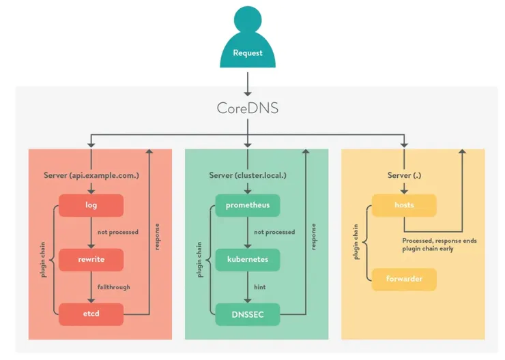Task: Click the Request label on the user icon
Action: [x=247, y=53]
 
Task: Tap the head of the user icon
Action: [x=247, y=20]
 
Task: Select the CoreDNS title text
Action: [x=247, y=108]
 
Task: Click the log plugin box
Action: [x=91, y=205]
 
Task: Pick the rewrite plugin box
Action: [x=91, y=260]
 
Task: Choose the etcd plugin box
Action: [x=91, y=314]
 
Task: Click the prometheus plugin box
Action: [x=248, y=205]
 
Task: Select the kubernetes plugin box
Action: [x=248, y=260]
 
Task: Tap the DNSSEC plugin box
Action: [x=248, y=314]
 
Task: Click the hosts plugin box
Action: [x=404, y=205]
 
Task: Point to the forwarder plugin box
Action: [x=404, y=279]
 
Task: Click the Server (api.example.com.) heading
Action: [x=91, y=175]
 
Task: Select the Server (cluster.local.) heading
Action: [x=248, y=175]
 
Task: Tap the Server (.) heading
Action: [x=404, y=175]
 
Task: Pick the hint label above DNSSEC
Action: [x=260, y=287]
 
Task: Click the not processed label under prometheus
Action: [x=274, y=232]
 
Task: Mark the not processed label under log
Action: [x=118, y=232]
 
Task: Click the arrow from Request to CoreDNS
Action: [x=247, y=83]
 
